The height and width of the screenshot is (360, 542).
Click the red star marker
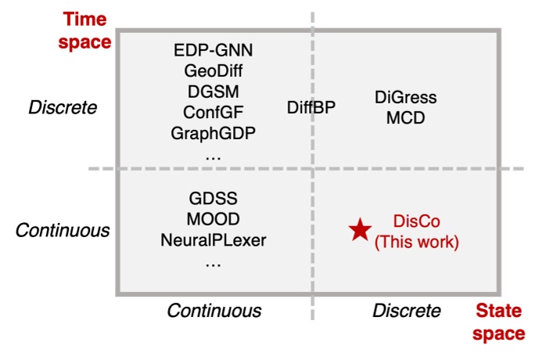[x=360, y=229]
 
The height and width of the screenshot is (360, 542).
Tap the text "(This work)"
[x=416, y=243]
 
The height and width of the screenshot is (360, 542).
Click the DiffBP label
[x=312, y=107]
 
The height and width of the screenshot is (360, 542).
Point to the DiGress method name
[x=405, y=98]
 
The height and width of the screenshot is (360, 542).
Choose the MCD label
[x=405, y=118]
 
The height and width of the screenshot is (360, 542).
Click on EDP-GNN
[x=214, y=51]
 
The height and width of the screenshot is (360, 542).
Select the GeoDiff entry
[x=214, y=71]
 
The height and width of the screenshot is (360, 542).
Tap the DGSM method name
[x=214, y=92]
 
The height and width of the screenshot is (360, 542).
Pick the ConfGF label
[x=214, y=112]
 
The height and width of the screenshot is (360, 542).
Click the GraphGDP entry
[x=214, y=132]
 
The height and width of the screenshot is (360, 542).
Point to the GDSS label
[x=213, y=198]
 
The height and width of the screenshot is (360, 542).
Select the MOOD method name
[x=213, y=218]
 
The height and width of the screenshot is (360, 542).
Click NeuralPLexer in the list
[x=213, y=239]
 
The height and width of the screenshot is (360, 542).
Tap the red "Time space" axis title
[x=86, y=30]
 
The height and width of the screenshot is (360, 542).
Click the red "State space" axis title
[x=500, y=322]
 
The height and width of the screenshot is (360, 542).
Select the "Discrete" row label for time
[x=63, y=107]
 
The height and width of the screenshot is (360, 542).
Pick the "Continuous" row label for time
[x=63, y=230]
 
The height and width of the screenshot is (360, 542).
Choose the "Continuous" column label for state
[x=214, y=311]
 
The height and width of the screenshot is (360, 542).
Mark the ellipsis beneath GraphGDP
[x=213, y=155]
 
